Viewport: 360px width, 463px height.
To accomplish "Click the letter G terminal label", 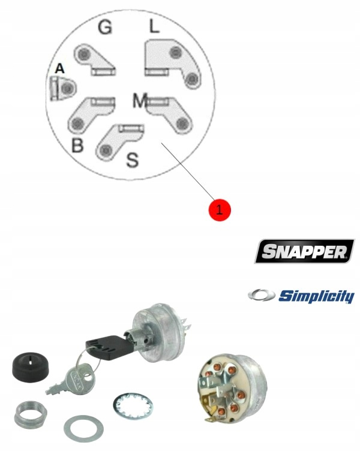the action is pos(104,28).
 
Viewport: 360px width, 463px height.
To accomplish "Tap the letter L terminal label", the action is pos(154,26).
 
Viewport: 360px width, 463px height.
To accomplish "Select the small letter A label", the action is pos(59,70).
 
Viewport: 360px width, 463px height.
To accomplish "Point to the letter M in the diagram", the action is pos(139,101).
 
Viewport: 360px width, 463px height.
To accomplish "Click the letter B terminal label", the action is pos(77,146).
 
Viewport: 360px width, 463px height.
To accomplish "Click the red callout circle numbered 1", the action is pos(219,209).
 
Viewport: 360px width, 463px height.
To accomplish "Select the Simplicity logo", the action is pos(301,296).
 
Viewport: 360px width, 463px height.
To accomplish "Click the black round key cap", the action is pos(28,365).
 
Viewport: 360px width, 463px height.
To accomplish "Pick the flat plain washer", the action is pos(83,428).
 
